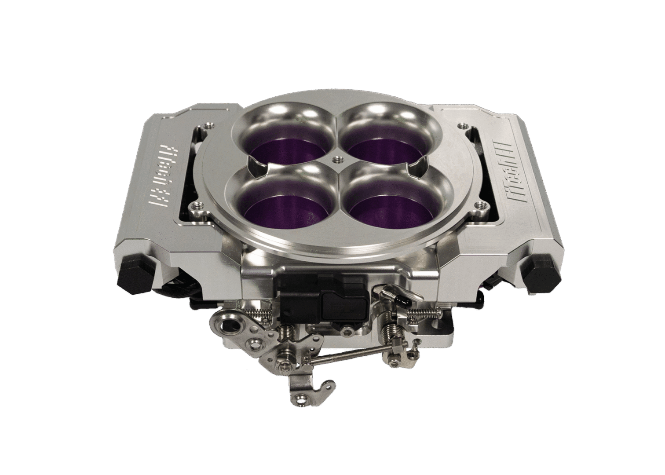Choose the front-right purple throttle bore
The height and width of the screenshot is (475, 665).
[x=383, y=205]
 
